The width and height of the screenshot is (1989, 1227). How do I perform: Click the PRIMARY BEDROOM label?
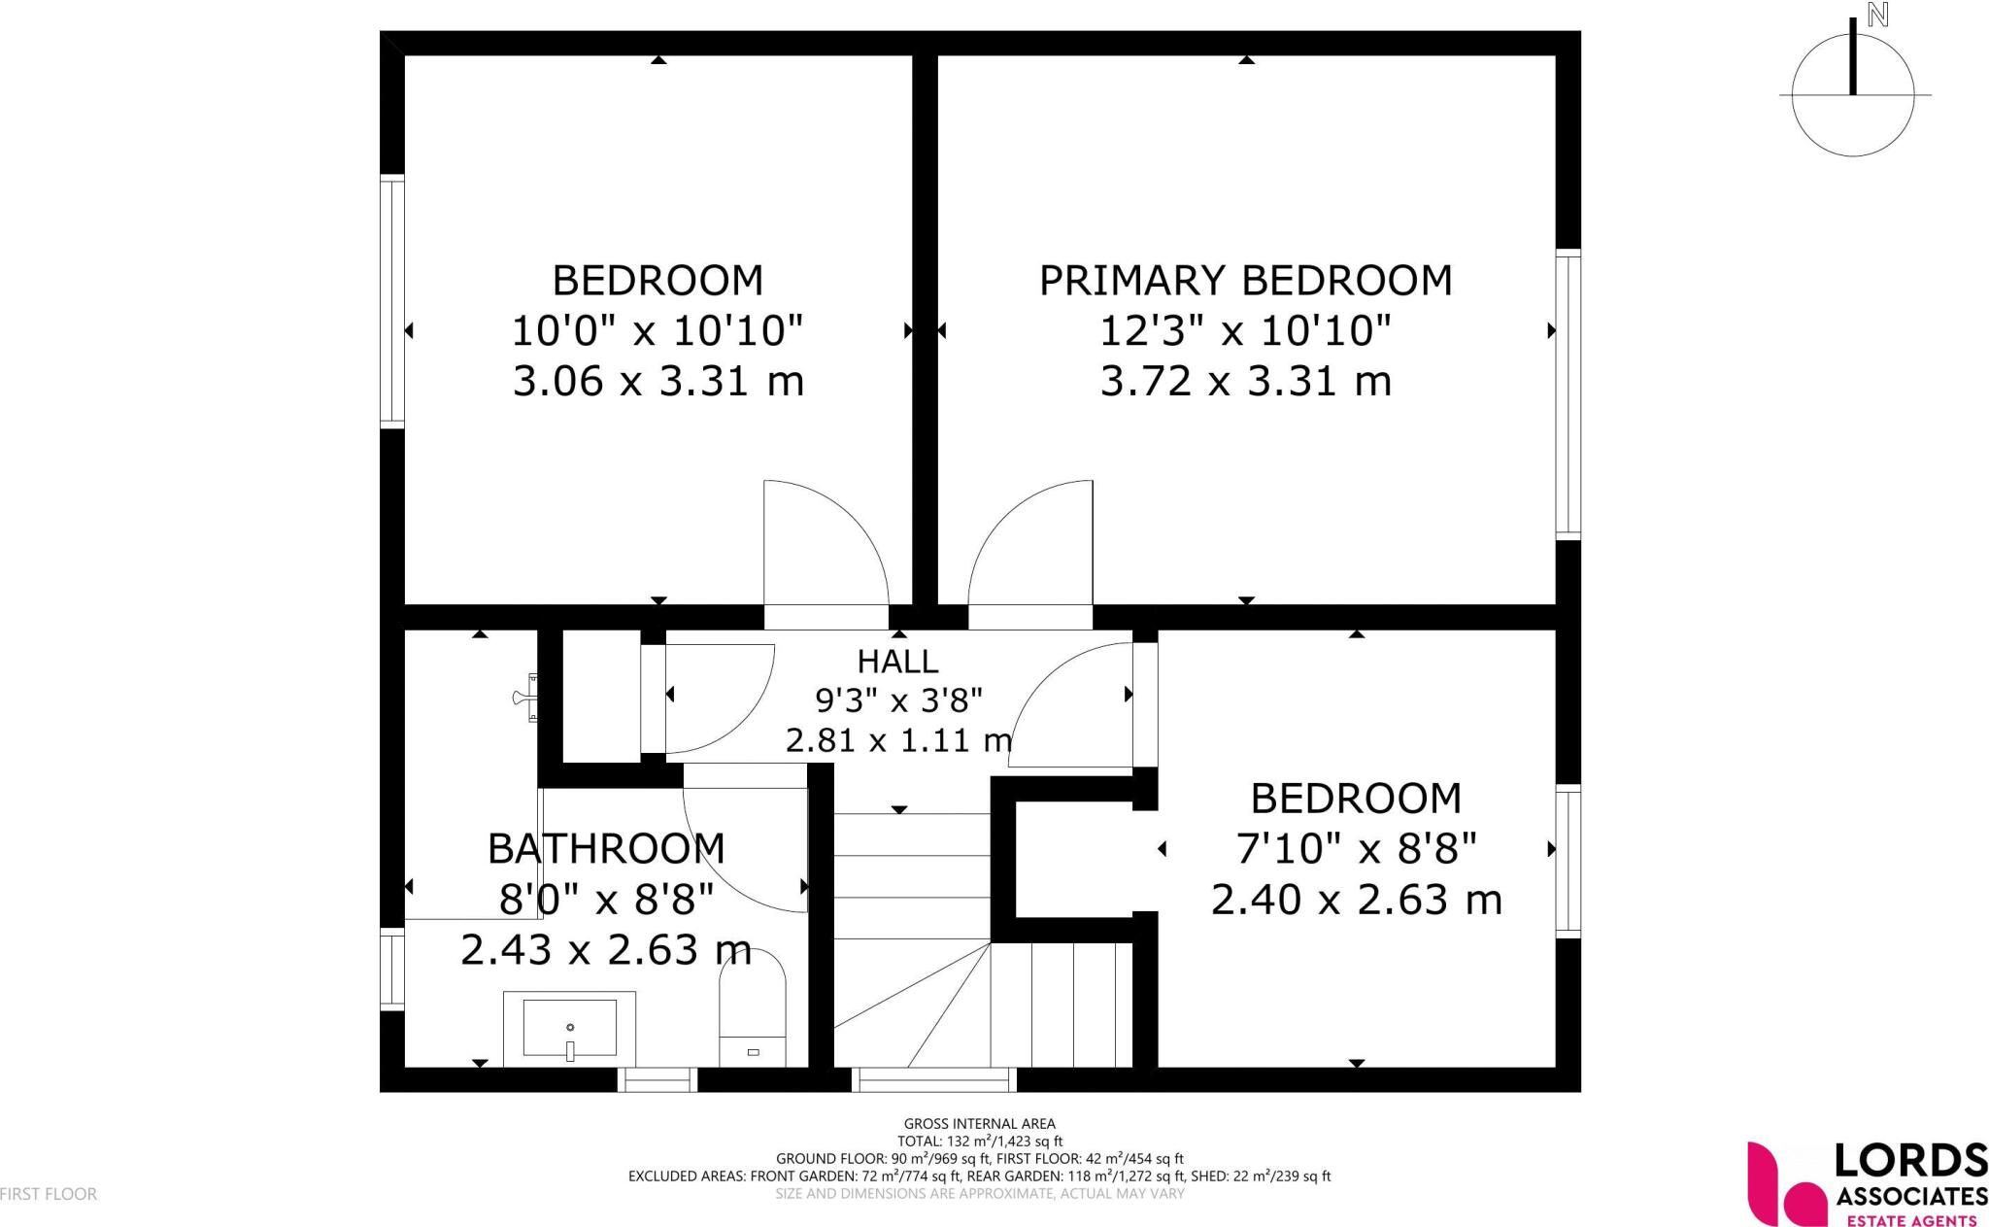tap(1245, 281)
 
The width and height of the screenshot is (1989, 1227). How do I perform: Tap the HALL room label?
tap(897, 662)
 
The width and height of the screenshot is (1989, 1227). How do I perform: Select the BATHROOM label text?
tap(606, 849)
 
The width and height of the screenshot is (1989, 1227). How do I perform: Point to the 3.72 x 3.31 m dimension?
tap(1245, 381)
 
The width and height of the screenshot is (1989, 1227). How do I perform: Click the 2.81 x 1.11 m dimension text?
tap(898, 741)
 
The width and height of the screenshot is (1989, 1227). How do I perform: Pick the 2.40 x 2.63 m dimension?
tap(1356, 900)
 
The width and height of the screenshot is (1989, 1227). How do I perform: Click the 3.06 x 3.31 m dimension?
tap(657, 381)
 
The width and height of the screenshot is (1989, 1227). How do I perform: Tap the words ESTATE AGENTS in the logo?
tap(1910, 1220)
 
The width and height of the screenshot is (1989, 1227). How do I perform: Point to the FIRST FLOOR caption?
tap(49, 1194)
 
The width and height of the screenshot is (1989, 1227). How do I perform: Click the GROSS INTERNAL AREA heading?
tap(979, 1124)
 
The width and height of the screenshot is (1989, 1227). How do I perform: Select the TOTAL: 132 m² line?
tap(979, 1142)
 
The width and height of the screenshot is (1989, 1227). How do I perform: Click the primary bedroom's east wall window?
tap(1568, 394)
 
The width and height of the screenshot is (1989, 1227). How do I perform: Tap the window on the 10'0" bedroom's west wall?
tap(391, 301)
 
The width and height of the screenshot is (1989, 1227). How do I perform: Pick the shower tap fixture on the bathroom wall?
tap(525, 697)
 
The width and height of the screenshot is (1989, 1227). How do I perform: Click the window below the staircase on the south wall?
tap(933, 1079)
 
